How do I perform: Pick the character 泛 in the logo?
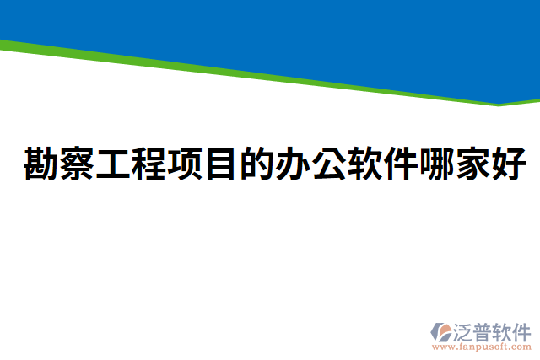[x=467, y=329]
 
